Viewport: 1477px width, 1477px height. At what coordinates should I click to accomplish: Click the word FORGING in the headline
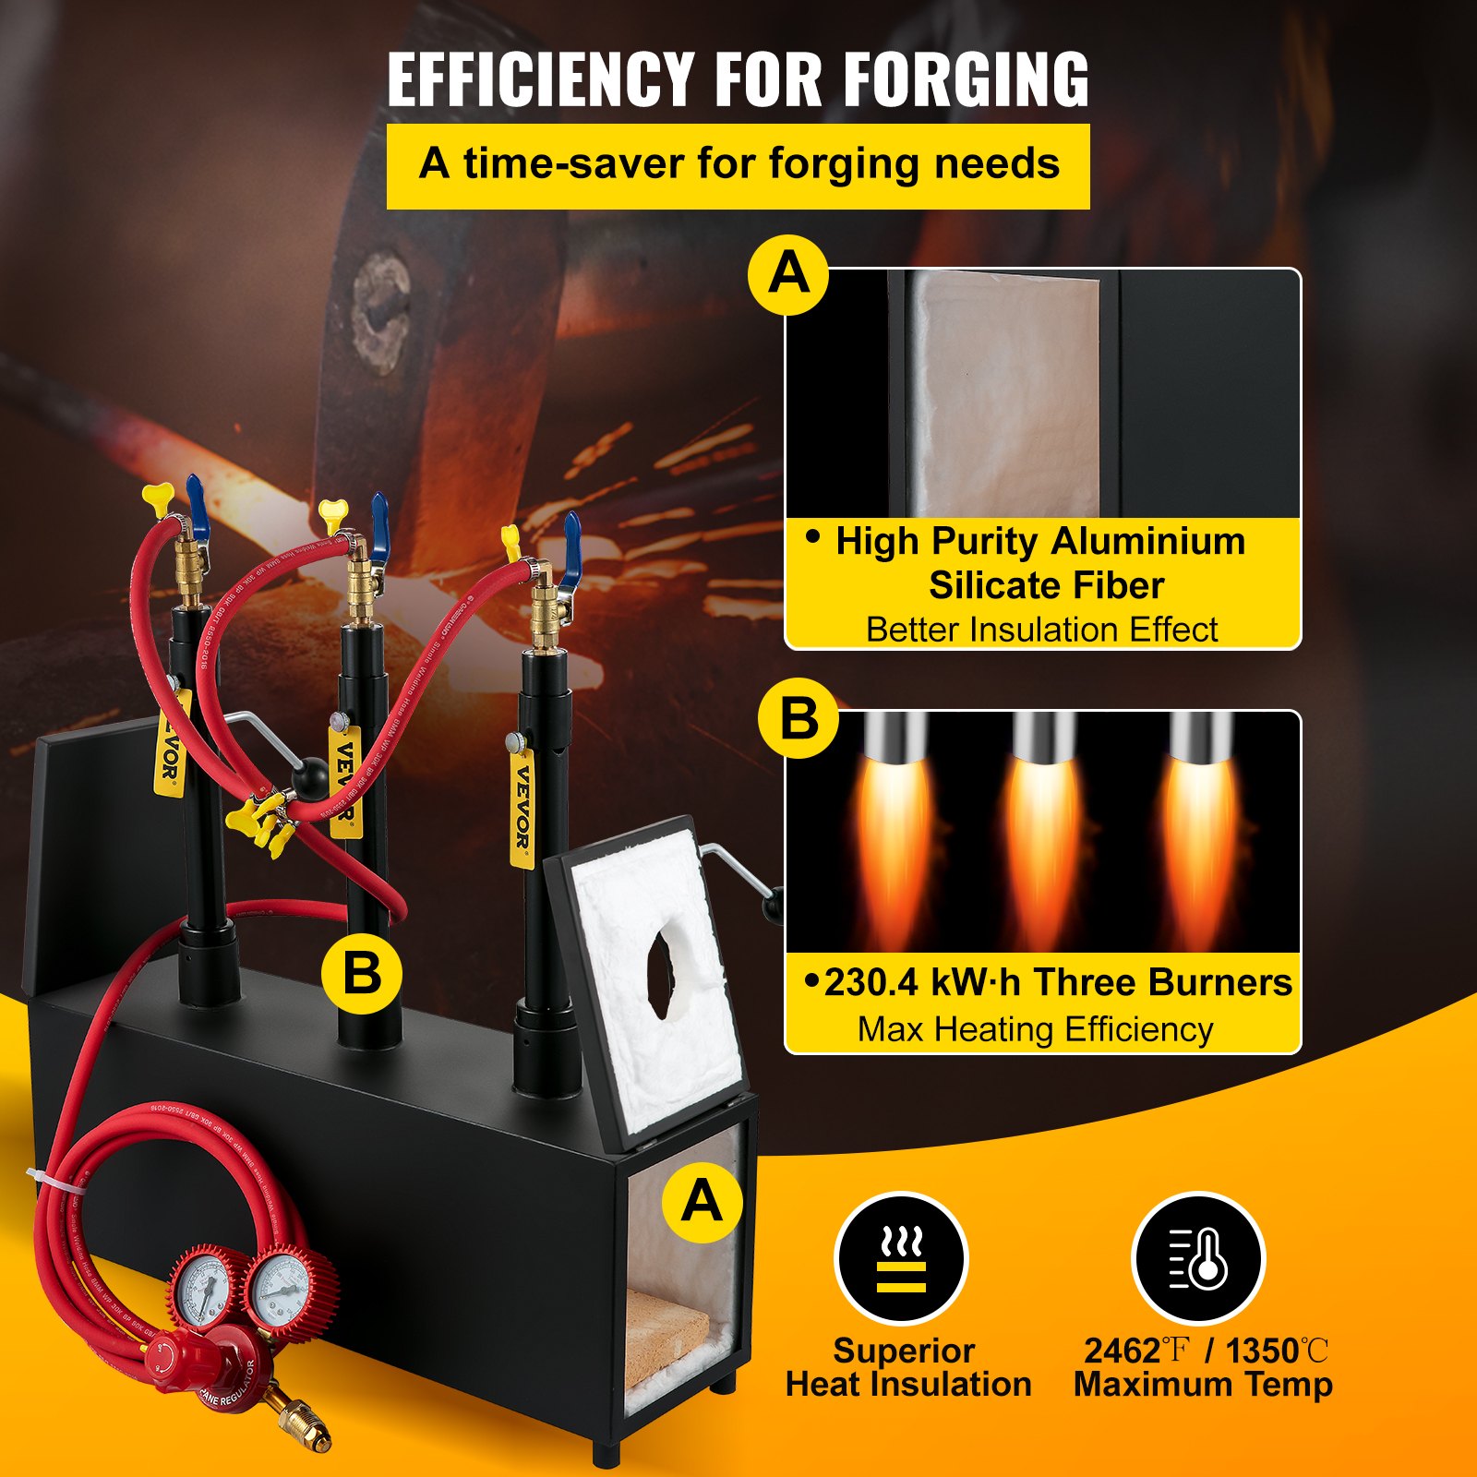(966, 81)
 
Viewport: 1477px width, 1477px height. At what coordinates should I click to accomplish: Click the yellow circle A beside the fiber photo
(788, 274)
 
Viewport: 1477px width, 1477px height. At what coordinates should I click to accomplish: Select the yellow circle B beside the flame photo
(799, 718)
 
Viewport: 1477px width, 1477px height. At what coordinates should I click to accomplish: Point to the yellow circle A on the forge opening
(702, 1202)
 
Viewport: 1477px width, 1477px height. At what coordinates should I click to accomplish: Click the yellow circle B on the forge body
(361, 974)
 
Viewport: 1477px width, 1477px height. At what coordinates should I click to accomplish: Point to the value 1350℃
(1277, 1351)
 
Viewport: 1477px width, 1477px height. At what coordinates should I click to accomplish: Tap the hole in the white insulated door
(662, 973)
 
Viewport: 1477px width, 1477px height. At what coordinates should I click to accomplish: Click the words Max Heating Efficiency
(1035, 1029)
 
